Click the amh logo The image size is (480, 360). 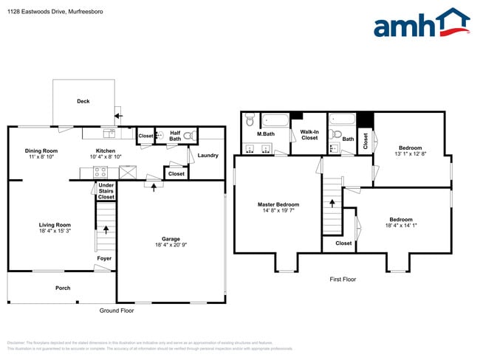(421, 24)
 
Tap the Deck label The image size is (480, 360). (83, 101)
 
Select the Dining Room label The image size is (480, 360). (41, 150)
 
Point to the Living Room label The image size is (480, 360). (55, 225)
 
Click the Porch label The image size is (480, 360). (64, 288)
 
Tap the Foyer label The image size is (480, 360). (105, 258)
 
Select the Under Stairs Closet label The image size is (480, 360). (106, 192)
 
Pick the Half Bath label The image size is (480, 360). (175, 136)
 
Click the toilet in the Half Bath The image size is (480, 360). (189, 136)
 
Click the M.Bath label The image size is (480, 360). (266, 134)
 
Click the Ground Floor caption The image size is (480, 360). (115, 311)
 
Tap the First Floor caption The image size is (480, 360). (343, 280)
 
